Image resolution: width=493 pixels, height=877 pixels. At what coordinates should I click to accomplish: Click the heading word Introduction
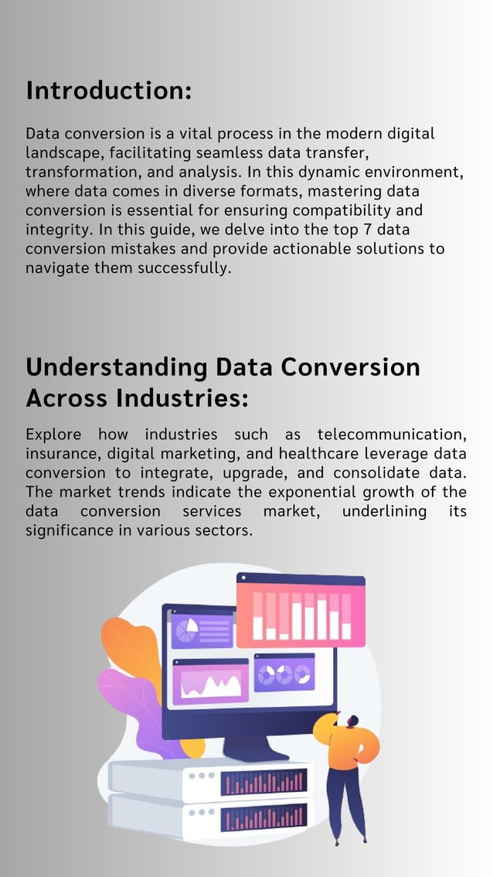click(x=108, y=90)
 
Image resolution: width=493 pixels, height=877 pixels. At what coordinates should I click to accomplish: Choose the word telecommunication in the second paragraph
click(x=391, y=434)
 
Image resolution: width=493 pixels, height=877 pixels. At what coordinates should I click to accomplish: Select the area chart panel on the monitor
click(x=210, y=682)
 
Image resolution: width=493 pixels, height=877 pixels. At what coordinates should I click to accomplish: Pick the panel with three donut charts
click(x=284, y=673)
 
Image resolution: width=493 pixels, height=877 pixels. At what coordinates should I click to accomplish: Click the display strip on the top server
click(x=263, y=783)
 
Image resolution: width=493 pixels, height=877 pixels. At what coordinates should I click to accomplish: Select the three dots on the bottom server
click(x=202, y=812)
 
